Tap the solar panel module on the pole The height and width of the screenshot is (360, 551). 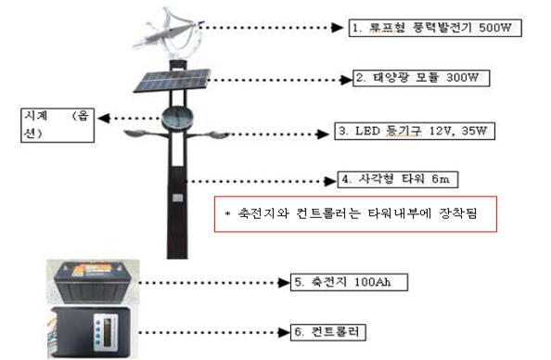point(172,81)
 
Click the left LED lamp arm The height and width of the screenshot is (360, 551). point(146,134)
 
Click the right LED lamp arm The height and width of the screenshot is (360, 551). point(208,135)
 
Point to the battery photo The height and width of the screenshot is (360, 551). point(93,282)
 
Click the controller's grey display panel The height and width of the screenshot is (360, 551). point(106,332)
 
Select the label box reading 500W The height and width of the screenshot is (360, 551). point(435,28)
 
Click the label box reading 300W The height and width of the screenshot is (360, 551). point(421,78)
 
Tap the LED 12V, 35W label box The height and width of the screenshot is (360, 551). point(415,131)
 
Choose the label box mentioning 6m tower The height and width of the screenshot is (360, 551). point(398,179)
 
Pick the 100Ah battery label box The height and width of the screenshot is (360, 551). point(349,282)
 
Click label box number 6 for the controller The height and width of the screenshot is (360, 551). point(327,332)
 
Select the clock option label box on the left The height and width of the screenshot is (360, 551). point(58,125)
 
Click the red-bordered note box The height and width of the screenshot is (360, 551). point(355,214)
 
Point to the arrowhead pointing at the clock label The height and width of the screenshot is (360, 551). point(104,119)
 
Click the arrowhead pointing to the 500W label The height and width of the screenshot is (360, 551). point(338,28)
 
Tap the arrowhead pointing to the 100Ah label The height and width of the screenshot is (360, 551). point(283,282)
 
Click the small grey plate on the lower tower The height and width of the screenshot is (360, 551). point(177,198)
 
